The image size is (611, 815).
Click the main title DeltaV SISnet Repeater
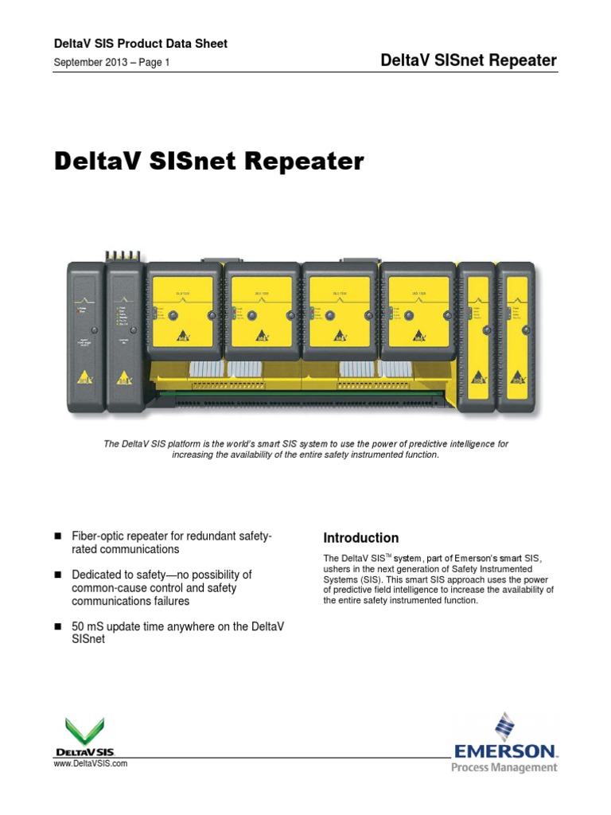click(208, 162)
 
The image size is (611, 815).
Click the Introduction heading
click(360, 538)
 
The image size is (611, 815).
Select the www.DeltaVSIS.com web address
click(90, 763)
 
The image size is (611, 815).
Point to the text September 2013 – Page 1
click(111, 61)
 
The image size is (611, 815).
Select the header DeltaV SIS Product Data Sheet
click(140, 44)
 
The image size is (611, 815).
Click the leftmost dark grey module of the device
click(86, 327)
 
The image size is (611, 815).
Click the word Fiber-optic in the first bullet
click(98, 539)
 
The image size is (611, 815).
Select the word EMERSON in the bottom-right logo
click(505, 751)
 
